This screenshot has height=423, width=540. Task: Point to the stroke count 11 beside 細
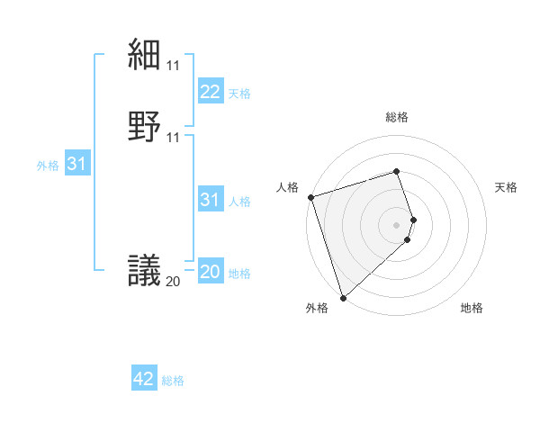pyautogui.click(x=174, y=66)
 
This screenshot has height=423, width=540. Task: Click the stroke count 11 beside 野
pyautogui.click(x=174, y=137)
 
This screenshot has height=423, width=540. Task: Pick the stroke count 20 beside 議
pyautogui.click(x=174, y=282)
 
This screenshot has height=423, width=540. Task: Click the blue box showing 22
pyautogui.click(x=210, y=92)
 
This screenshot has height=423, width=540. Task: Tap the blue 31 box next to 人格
pyautogui.click(x=210, y=200)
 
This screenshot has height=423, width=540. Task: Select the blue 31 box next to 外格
pyautogui.click(x=76, y=164)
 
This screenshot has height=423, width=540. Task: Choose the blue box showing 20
pyautogui.click(x=210, y=272)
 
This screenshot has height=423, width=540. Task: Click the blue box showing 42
pyautogui.click(x=144, y=379)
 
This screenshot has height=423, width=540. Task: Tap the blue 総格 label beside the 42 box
pyautogui.click(x=173, y=381)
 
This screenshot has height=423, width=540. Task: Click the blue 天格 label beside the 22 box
pyautogui.click(x=239, y=94)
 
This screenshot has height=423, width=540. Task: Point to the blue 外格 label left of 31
pyautogui.click(x=48, y=166)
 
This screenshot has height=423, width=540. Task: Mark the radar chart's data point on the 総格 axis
pyautogui.click(x=397, y=171)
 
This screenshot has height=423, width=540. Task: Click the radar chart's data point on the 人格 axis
pyautogui.click(x=310, y=196)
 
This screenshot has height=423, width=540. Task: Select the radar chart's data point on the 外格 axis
pyautogui.click(x=343, y=297)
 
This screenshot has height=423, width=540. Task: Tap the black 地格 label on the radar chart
pyautogui.click(x=472, y=308)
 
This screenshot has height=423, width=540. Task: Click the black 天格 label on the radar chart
pyautogui.click(x=507, y=187)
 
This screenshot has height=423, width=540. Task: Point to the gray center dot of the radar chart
pyautogui.click(x=397, y=224)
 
